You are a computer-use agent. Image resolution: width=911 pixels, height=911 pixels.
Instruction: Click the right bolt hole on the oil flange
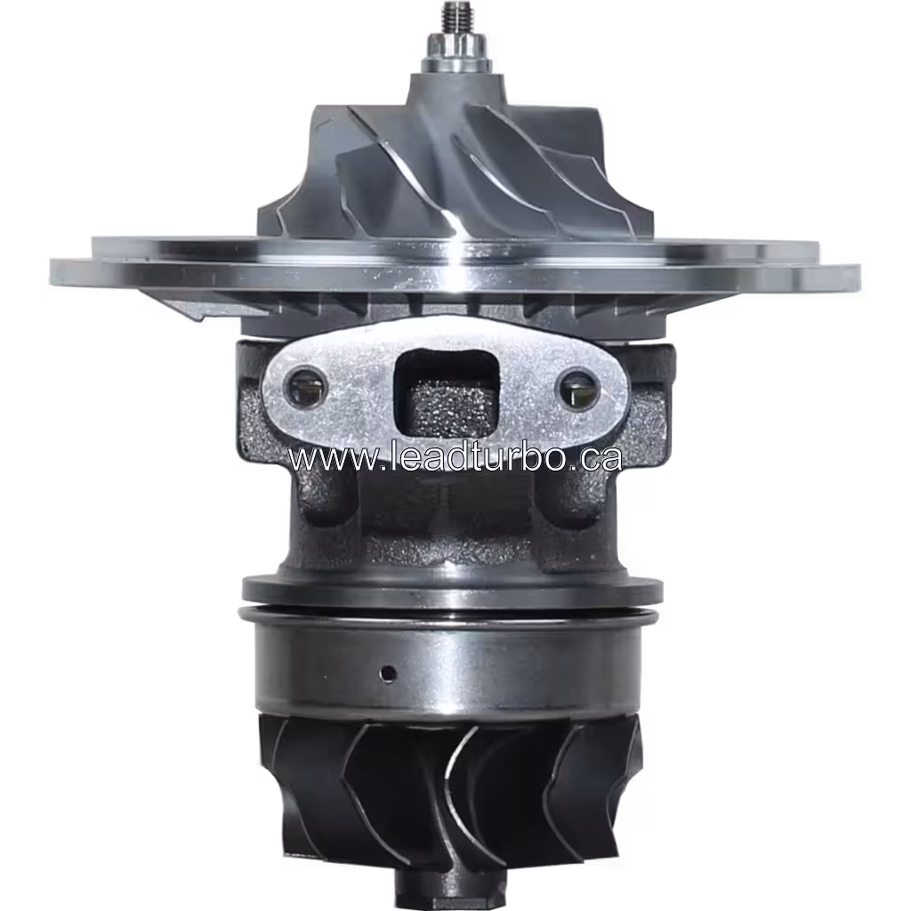(579, 388)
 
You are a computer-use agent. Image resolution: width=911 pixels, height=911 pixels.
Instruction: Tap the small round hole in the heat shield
(388, 671)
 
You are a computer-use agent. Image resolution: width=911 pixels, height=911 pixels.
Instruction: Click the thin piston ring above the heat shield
(449, 615)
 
